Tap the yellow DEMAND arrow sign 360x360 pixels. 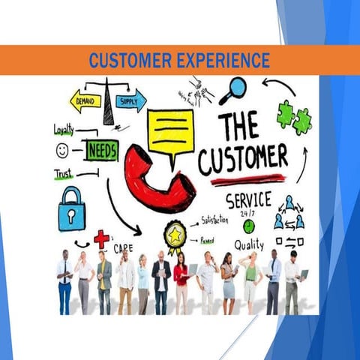tap(84, 100)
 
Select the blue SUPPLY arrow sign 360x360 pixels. tap(130, 100)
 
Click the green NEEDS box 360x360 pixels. tap(101, 151)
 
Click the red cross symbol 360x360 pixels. tap(101, 238)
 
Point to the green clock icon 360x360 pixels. tap(248, 226)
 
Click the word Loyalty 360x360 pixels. tap(64, 129)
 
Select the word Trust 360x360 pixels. tap(64, 174)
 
